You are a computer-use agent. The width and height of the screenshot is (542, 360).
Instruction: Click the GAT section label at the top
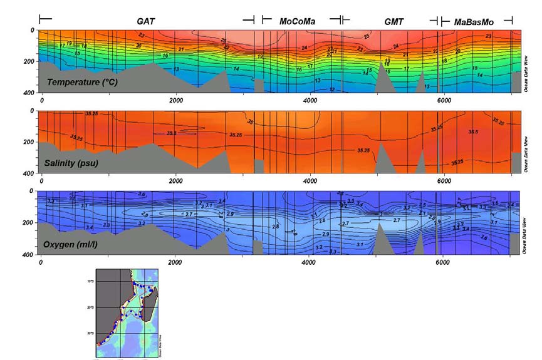coord(146,21)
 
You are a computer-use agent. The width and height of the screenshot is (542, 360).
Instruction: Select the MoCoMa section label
coord(297,21)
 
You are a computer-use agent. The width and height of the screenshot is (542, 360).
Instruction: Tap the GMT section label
coord(394,21)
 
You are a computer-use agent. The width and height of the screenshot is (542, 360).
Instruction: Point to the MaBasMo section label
coord(474,21)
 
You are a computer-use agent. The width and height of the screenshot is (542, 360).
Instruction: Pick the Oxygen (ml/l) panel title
coord(75,244)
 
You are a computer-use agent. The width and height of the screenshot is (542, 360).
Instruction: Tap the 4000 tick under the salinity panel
coord(309,180)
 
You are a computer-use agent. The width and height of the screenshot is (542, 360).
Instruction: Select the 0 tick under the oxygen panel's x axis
coord(41,262)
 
